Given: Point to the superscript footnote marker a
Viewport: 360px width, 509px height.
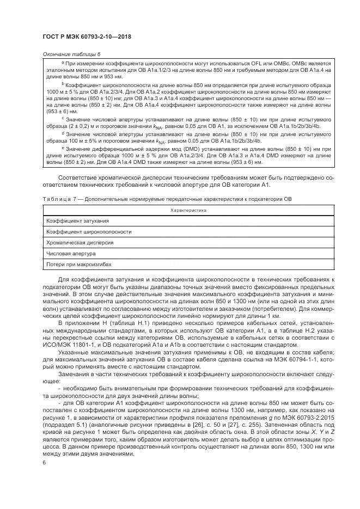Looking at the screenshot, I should click(63, 63).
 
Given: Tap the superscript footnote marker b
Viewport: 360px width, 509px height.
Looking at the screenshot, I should click(63, 83).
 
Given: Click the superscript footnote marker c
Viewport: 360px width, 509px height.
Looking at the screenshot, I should click(63, 118).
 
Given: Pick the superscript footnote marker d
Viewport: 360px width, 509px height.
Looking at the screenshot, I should click(63, 132).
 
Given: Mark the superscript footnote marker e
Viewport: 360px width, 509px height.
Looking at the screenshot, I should click(63, 146).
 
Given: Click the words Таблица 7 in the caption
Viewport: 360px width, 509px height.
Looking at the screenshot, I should click(58, 199).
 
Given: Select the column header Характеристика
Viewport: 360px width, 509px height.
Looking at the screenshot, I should click(188, 210).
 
